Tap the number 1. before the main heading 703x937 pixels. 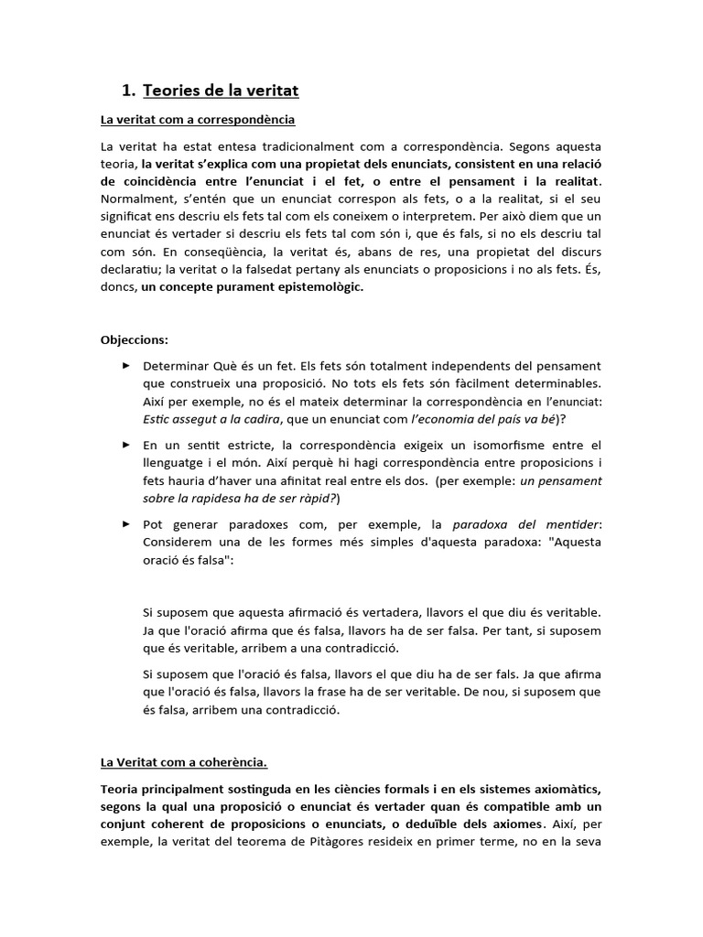pyautogui.click(x=128, y=91)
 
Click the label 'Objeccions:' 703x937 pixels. pyautogui.click(x=135, y=339)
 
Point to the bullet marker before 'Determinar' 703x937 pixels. pyautogui.click(x=125, y=365)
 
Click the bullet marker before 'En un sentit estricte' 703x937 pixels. pyautogui.click(x=125, y=445)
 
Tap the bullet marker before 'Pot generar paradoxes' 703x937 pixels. pyautogui.click(x=125, y=524)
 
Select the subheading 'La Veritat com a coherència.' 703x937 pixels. pyautogui.click(x=183, y=761)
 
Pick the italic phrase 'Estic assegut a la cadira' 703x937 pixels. pyautogui.click(x=215, y=418)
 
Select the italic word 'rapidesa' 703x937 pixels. pyautogui.click(x=211, y=498)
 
